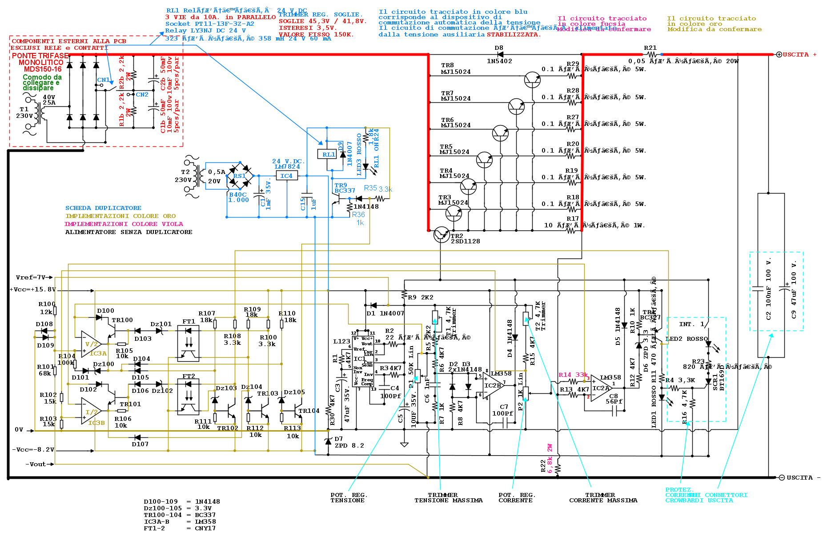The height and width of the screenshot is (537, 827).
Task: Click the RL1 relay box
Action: click(328, 154)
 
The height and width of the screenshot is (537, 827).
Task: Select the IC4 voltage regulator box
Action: click(286, 176)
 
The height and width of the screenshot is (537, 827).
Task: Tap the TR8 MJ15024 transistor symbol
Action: click(532, 79)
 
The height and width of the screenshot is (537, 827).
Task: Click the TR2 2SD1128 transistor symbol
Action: click(441, 234)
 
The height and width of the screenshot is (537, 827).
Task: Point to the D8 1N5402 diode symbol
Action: click(500, 55)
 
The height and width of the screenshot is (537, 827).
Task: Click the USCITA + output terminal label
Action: click(799, 55)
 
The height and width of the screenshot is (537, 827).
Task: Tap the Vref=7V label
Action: click(31, 277)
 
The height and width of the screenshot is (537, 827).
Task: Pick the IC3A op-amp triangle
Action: click(91, 344)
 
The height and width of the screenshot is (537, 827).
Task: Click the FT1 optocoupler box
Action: click(188, 343)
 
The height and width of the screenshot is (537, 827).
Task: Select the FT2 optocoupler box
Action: click(188, 396)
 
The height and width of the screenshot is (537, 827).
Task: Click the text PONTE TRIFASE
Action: click(40, 56)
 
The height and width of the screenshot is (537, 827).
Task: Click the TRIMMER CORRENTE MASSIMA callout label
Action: click(603, 497)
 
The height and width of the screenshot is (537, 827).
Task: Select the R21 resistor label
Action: click(650, 48)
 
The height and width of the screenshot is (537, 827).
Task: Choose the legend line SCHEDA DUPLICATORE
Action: click(103, 208)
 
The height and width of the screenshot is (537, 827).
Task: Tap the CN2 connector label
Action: click(142, 94)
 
